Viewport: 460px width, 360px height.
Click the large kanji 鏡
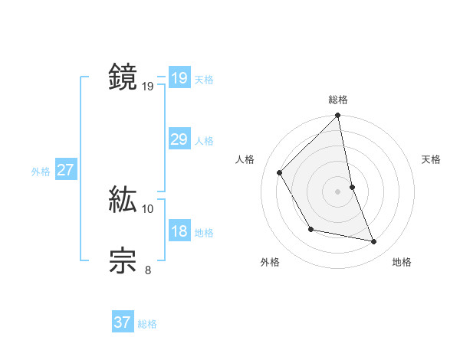click(x=123, y=77)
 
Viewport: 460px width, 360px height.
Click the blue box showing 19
click(x=179, y=78)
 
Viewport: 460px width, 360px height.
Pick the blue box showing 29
click(x=179, y=139)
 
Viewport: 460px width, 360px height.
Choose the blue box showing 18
click(x=179, y=231)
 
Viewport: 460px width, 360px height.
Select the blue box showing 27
click(x=65, y=170)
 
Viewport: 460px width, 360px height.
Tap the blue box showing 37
click(x=122, y=322)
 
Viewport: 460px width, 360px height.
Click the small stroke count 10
click(x=148, y=208)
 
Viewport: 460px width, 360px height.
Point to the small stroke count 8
click(x=148, y=270)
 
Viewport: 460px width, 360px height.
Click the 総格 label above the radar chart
click(x=338, y=100)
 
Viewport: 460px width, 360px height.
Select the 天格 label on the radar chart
click(x=432, y=159)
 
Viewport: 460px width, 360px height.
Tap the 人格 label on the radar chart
click(x=245, y=159)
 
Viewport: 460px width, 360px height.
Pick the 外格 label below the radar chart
click(x=270, y=262)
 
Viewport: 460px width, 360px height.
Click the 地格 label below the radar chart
click(x=402, y=262)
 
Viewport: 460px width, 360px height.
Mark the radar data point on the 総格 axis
click(x=338, y=116)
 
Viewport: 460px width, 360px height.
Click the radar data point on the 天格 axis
click(x=353, y=186)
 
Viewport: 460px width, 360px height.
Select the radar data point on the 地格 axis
click(x=374, y=241)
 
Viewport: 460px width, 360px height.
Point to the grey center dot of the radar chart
click(x=338, y=191)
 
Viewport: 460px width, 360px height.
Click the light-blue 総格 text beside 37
click(x=147, y=324)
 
